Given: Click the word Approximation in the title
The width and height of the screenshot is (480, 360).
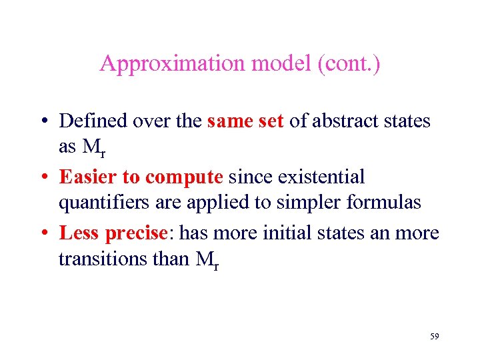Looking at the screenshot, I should coord(172,64).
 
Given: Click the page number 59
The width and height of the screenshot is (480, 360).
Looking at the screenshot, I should coord(434,337).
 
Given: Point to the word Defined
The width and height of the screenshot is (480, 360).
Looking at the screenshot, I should coord(93,121).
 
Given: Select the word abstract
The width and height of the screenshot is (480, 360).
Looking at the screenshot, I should coord(344,121).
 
